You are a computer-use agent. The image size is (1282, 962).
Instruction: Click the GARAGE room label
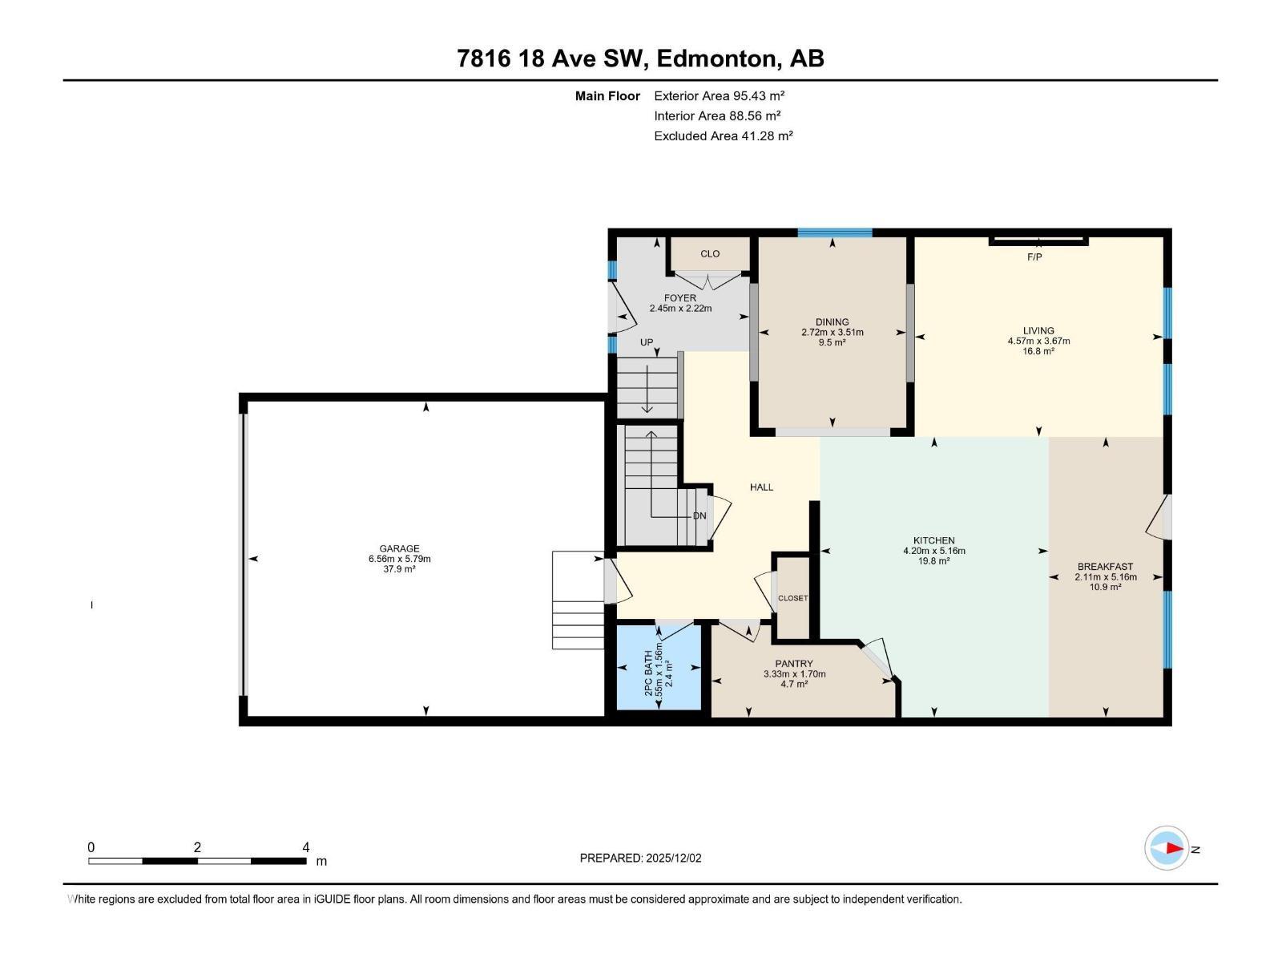tap(399, 549)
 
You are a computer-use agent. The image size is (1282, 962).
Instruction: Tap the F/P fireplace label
tap(1034, 257)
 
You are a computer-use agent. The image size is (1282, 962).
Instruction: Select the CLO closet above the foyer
tap(710, 254)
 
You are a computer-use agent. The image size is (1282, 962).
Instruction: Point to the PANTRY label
tap(794, 664)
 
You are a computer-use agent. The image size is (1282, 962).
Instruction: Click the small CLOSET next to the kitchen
tap(793, 598)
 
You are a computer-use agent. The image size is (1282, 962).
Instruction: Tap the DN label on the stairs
tap(699, 515)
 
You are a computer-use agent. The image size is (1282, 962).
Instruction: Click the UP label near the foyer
tap(647, 342)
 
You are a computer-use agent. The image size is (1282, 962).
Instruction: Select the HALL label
tap(761, 487)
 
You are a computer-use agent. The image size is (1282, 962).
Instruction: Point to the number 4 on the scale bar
tap(305, 847)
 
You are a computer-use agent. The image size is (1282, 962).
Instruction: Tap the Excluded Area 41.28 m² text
tap(723, 135)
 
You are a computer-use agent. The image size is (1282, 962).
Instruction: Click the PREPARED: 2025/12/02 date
tap(640, 858)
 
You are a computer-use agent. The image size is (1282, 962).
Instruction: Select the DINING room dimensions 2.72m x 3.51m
tap(832, 332)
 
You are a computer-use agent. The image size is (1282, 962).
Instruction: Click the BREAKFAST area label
tap(1105, 567)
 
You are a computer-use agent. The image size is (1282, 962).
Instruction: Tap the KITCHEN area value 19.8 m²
tap(933, 561)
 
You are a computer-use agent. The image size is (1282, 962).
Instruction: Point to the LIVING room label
tap(1038, 330)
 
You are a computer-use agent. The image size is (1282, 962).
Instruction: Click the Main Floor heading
tap(607, 96)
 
